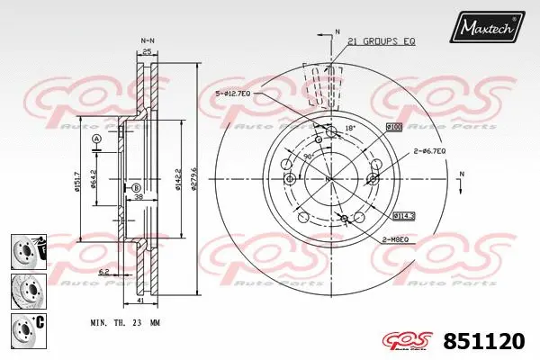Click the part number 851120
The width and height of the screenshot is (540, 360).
(x=490, y=340)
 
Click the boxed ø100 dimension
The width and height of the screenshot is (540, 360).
(x=393, y=127)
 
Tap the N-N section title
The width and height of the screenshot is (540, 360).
(x=148, y=40)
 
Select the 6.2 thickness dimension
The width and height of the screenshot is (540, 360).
(x=104, y=269)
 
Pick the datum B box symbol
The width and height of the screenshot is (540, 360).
(x=137, y=187)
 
